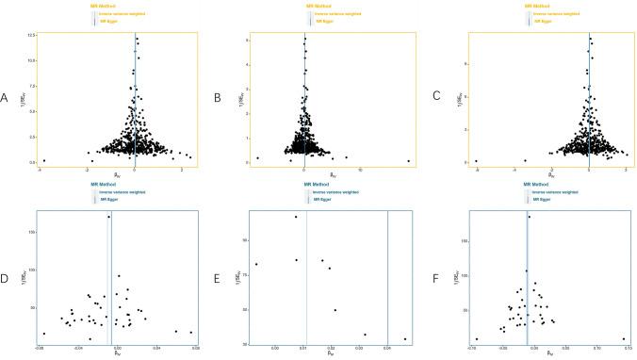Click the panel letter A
coord(6,97)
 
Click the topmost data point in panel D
coord(109,217)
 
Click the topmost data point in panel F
coord(529,217)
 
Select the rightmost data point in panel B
coord(408,160)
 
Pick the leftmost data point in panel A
coord(43,160)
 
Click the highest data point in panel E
coord(296,217)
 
